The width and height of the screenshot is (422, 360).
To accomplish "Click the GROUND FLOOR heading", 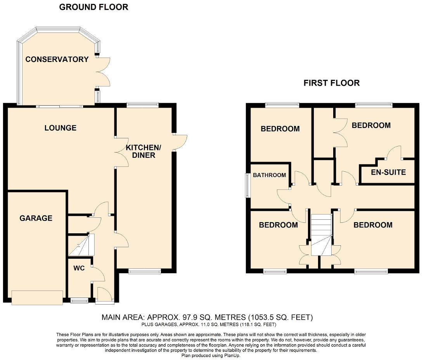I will pos(93,7).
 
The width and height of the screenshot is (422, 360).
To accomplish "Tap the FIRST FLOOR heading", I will pos(331,83).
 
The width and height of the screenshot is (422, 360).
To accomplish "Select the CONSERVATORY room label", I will pos(57,59).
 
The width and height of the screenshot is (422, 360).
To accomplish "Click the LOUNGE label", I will pos(60,128).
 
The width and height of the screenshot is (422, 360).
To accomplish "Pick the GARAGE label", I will pos(36,218).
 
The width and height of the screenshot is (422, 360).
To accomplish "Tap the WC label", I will pos(79,268).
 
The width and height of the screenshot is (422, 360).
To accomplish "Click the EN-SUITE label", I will pos(388,172).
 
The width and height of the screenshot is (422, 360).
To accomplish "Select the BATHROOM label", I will pos(269,175).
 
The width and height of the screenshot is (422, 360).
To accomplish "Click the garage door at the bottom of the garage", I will pos(37,297).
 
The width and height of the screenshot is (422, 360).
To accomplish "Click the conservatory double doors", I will pos(103,72).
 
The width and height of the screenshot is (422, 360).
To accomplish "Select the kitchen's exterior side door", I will pos(180,142).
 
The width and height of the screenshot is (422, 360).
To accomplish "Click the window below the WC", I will pos(79,300).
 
